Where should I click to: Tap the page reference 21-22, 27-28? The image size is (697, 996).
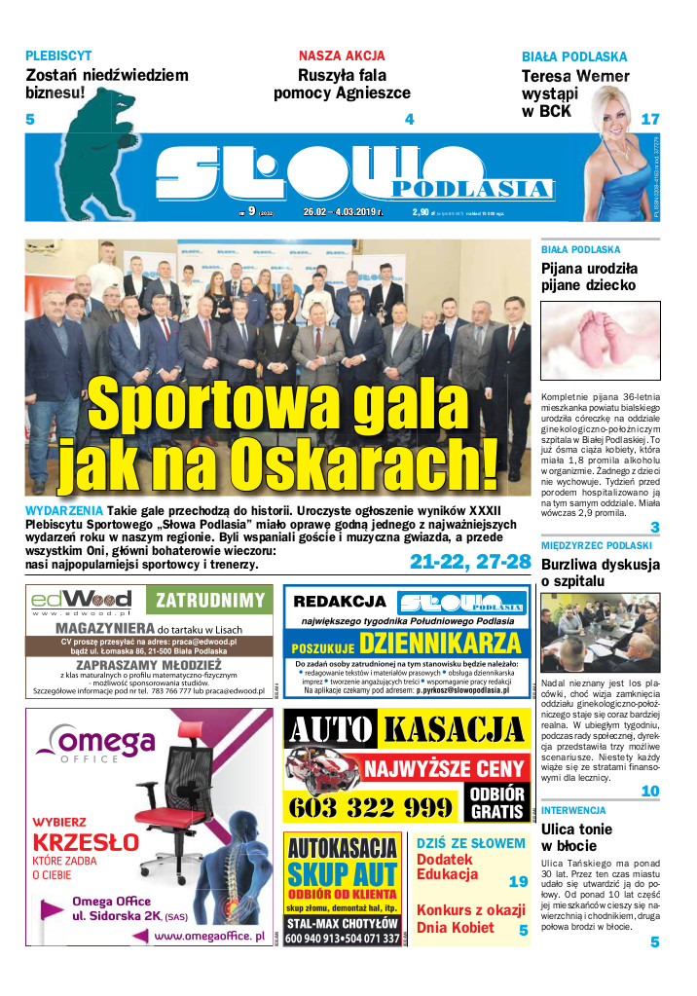click(x=469, y=562)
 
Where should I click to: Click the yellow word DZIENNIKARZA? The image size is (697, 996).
click(x=440, y=643)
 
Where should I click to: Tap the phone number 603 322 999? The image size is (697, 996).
click(x=371, y=807)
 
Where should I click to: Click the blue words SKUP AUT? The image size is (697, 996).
click(x=343, y=872)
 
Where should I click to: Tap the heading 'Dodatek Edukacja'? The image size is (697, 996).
click(x=447, y=867)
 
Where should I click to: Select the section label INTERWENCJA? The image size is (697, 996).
click(x=574, y=810)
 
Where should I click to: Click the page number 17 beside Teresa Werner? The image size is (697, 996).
click(x=650, y=120)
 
